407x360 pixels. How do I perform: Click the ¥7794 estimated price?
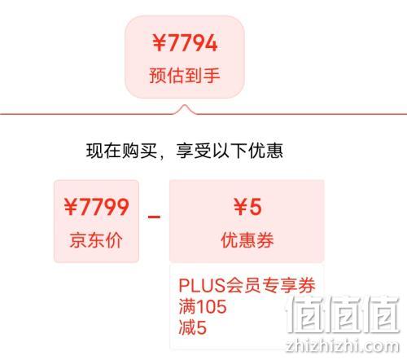point(185,43)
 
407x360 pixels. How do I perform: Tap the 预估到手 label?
point(185,75)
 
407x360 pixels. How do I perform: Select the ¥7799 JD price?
point(96,207)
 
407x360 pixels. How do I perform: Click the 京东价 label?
point(96,240)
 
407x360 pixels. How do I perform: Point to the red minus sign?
point(154,217)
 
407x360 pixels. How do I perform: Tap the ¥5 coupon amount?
point(247,207)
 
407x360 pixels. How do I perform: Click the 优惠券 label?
point(247,240)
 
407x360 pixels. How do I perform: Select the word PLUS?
point(202,285)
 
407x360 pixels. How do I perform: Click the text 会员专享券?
point(270,285)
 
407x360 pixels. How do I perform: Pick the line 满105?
point(203,306)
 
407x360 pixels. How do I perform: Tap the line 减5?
point(193,327)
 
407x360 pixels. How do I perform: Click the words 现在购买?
point(122,151)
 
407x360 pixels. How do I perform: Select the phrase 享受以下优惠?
point(230,151)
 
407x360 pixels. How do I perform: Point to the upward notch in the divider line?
point(185,105)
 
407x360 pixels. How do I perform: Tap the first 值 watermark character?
point(304,314)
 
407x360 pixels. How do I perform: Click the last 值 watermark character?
point(381,314)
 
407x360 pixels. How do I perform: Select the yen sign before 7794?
point(160,43)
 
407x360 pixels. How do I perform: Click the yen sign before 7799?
point(71,207)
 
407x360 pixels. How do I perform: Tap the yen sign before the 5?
point(241,207)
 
